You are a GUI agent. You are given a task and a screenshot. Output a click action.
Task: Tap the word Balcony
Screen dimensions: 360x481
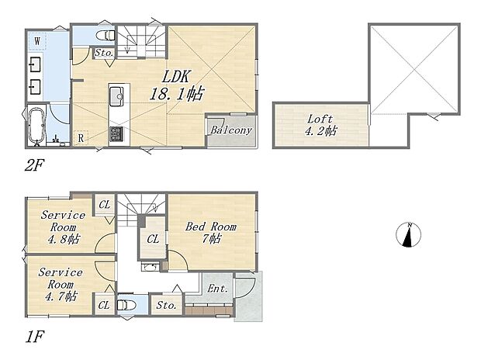pos(231,130)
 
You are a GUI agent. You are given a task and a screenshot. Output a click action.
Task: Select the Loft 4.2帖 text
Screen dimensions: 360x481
pos(320,125)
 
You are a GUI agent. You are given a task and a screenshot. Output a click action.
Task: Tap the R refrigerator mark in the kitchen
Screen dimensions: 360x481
pos(81,139)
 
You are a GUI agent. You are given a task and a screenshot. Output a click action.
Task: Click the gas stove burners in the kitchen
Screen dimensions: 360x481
pos(116,134)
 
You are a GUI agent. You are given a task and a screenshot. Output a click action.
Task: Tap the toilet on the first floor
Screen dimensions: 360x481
pos(128,304)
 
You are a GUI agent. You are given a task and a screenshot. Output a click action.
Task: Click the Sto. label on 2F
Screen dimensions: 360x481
pos(104,54)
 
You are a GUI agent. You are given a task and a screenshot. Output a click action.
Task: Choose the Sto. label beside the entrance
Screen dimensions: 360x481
pos(167,306)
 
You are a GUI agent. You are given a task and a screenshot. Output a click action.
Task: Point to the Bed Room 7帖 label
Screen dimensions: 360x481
pos(210,233)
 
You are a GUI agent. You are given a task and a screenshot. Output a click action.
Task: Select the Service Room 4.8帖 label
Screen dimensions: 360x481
pos(62,227)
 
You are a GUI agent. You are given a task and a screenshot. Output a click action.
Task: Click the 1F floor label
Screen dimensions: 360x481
pos(35,338)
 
